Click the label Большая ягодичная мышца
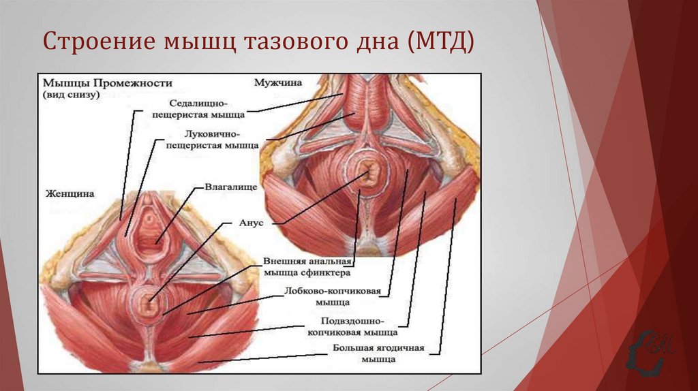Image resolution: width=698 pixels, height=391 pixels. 378,353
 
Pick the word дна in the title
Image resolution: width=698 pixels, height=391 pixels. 379,43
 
